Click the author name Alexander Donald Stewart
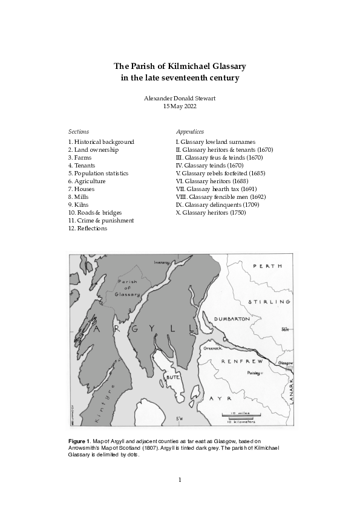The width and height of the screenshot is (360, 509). click(x=180, y=98)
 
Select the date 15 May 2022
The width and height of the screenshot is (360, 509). click(x=180, y=106)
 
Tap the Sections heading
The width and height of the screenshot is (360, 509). click(x=79, y=131)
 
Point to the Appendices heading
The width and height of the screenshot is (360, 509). click(x=189, y=131)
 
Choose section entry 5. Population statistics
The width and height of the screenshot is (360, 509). click(x=99, y=173)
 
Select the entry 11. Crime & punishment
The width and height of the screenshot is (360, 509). click(x=101, y=221)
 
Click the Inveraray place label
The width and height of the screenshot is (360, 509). click(x=162, y=262)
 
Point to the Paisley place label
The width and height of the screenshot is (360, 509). click(x=255, y=374)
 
